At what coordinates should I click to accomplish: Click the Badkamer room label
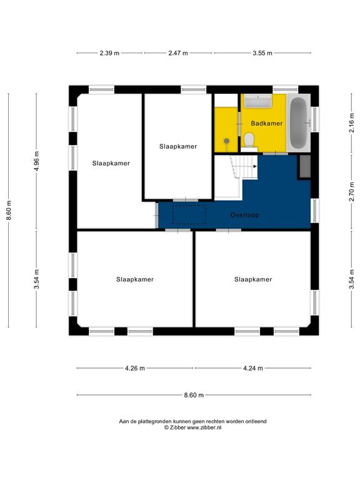click(x=267, y=123)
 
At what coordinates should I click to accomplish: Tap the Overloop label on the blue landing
click(x=244, y=215)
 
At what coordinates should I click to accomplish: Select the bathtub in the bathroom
click(x=299, y=122)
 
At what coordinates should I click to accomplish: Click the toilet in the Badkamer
click(x=249, y=139)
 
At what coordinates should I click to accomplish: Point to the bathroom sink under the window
click(x=258, y=101)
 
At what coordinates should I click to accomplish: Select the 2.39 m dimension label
click(x=109, y=53)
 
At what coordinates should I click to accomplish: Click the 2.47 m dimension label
click(x=178, y=53)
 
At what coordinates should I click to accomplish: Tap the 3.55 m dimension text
click(x=262, y=53)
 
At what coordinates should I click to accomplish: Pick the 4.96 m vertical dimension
click(x=36, y=161)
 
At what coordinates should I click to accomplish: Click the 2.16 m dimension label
click(x=352, y=122)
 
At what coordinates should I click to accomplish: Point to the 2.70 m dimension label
click(x=352, y=192)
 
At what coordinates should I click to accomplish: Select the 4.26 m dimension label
click(x=135, y=368)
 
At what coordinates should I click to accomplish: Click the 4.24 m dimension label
click(x=253, y=368)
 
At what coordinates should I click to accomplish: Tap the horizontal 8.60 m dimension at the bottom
click(x=194, y=395)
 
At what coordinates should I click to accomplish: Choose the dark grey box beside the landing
click(x=304, y=166)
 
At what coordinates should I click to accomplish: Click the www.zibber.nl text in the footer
click(x=204, y=427)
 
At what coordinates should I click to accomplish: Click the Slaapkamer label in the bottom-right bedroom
click(x=253, y=279)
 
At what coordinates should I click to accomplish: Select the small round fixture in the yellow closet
click(x=226, y=141)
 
